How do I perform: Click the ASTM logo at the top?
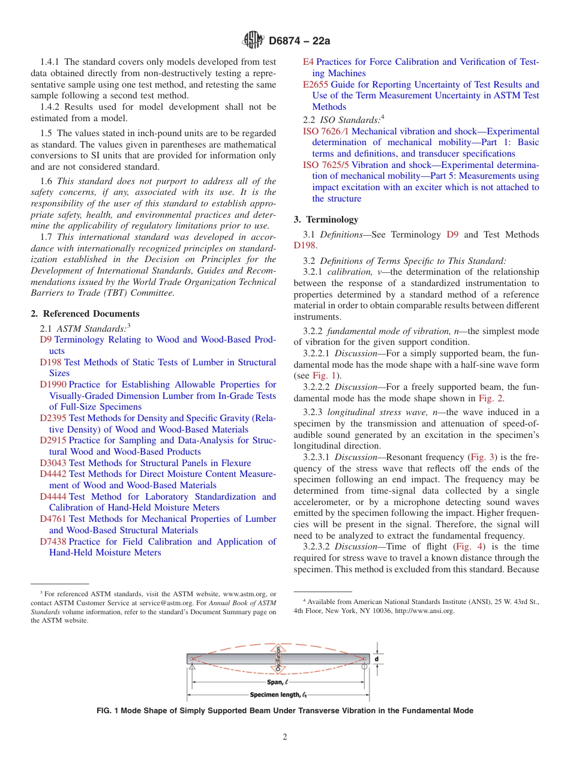click(253, 41)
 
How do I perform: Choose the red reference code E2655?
click(316, 85)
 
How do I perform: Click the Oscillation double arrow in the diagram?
click(278, 659)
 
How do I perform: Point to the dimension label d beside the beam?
click(377, 659)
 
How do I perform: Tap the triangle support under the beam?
click(192, 669)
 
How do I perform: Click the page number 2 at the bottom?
click(285, 737)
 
